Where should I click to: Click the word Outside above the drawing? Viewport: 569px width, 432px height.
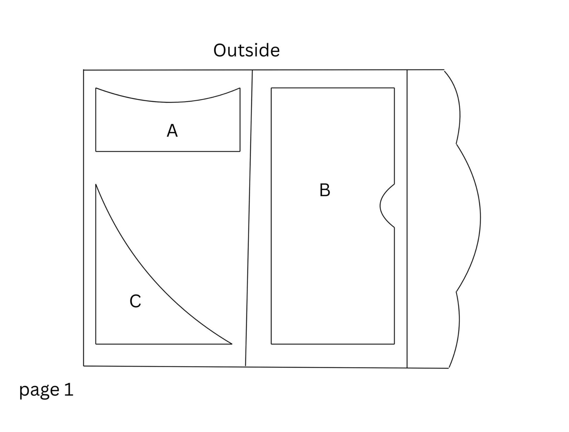point(246,50)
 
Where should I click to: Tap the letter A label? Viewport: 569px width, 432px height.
point(172,131)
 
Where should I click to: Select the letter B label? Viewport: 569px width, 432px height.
point(325,190)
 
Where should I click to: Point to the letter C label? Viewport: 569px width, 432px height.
point(135,301)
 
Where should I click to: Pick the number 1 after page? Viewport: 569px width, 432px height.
point(69,389)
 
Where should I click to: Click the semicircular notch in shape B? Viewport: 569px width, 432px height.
point(380,206)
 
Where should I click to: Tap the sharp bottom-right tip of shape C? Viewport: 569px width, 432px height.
point(232,344)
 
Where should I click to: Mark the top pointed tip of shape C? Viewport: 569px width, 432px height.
point(96,184)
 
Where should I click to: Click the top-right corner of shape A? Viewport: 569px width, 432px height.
point(240,88)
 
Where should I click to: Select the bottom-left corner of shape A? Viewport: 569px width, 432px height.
point(96,151)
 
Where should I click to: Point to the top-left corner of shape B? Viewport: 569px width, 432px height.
point(271,88)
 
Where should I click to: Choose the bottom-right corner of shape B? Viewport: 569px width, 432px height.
point(394,344)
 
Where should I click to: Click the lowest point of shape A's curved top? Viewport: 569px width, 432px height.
point(168,102)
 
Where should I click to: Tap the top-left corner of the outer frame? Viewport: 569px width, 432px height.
point(83,70)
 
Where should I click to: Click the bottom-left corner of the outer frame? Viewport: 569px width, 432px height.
point(83,366)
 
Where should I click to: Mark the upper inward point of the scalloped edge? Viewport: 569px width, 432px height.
point(456,144)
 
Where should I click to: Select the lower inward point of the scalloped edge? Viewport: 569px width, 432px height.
point(456,292)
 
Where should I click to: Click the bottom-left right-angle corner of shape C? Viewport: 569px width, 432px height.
point(96,344)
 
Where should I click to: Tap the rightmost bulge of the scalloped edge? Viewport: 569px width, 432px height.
point(480,218)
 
